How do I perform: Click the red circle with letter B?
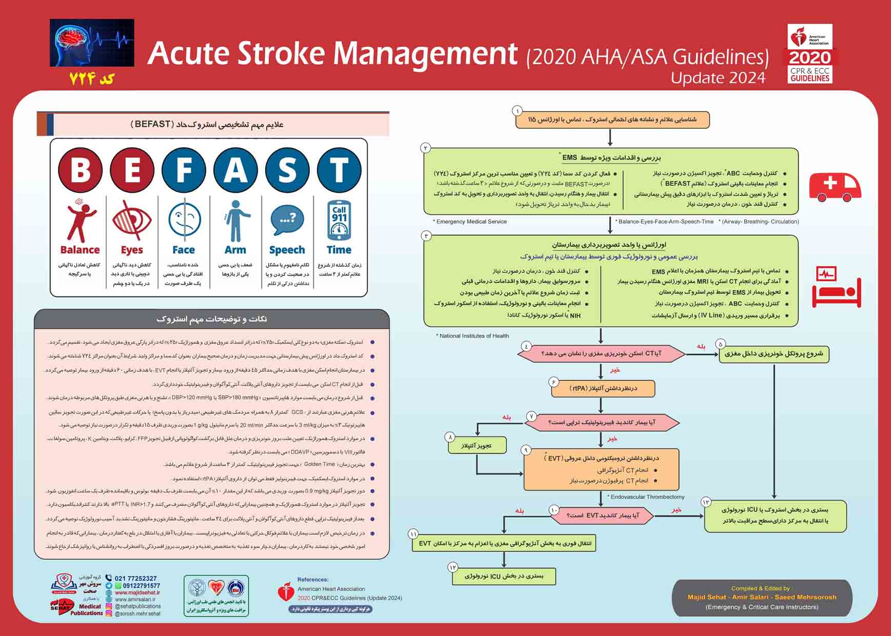(x=81, y=170)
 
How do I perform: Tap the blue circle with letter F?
(x=184, y=170)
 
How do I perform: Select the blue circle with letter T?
(x=339, y=170)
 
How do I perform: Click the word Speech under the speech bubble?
(x=287, y=250)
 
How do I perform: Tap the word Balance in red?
(x=80, y=250)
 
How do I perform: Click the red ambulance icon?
(x=835, y=187)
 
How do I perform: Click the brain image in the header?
(x=92, y=43)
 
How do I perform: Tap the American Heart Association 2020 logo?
(x=810, y=54)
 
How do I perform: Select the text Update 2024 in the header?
(x=718, y=78)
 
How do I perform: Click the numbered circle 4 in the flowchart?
(x=526, y=346)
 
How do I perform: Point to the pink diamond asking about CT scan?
(x=601, y=353)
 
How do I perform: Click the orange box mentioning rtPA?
(x=603, y=388)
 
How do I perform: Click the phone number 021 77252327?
(x=135, y=578)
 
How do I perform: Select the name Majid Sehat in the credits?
(x=707, y=597)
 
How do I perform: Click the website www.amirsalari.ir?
(x=135, y=599)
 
